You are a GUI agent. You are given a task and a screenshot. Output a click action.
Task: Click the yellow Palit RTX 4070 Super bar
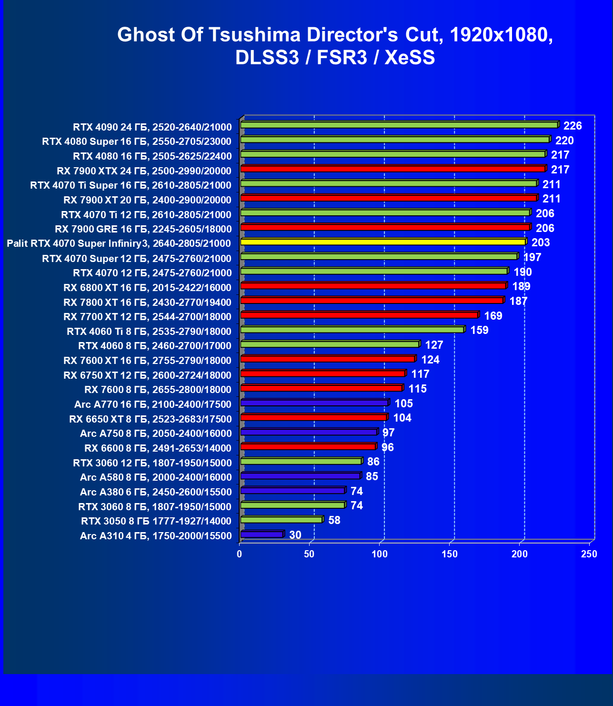[383, 242]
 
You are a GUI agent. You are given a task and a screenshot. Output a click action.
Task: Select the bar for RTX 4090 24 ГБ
[399, 125]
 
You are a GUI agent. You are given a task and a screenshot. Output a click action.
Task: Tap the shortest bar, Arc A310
[262, 535]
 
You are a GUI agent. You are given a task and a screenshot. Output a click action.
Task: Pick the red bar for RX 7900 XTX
[393, 169]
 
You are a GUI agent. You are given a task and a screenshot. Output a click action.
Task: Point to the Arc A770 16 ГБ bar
[314, 403]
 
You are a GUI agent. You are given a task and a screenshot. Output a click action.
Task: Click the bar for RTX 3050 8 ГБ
[281, 520]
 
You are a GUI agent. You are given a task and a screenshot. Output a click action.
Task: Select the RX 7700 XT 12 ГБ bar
[359, 315]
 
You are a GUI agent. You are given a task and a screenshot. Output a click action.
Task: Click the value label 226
[573, 126]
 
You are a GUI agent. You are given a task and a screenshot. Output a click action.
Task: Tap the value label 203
[541, 242]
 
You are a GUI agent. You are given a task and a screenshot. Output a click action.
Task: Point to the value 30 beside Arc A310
[295, 535]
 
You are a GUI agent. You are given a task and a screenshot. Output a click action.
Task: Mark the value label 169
[493, 316]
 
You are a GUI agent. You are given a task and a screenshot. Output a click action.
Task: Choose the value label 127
[434, 345]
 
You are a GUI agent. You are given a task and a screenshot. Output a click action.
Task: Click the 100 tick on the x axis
[380, 554]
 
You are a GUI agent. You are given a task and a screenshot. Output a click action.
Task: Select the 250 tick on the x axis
[589, 554]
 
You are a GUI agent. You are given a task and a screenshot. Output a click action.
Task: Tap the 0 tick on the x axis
[240, 554]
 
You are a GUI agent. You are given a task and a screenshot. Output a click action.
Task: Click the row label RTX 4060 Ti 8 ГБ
[149, 332]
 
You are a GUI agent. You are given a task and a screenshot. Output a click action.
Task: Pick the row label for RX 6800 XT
[147, 288]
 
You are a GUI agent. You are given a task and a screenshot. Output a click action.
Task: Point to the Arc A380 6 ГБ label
[156, 492]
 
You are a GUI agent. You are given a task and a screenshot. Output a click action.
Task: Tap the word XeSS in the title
[410, 58]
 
